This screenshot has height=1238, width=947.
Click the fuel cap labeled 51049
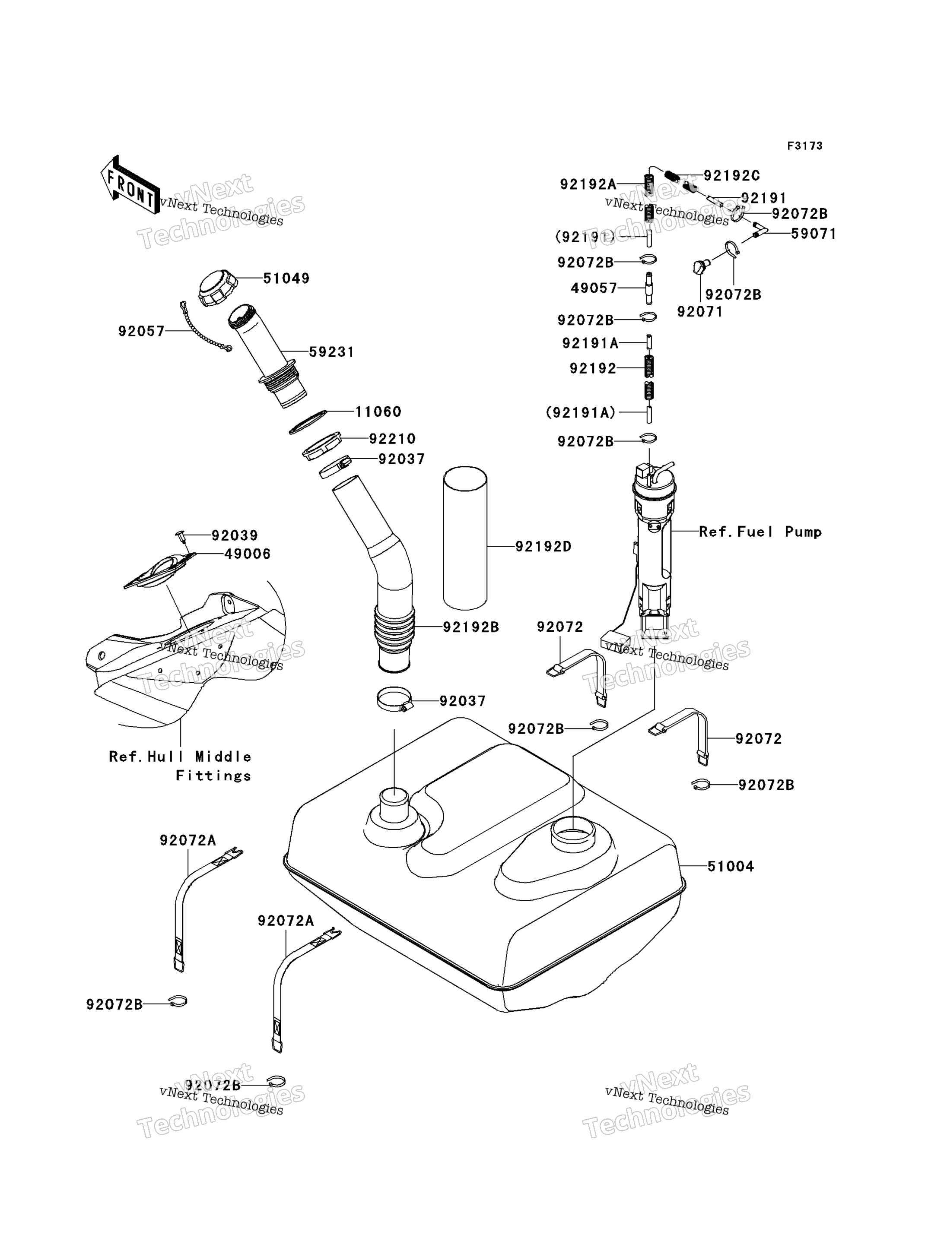[x=217, y=288]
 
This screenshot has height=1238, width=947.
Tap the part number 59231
[x=331, y=352]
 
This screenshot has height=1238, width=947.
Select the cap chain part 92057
[x=206, y=327]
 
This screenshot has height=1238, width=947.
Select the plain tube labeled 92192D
[x=465, y=538]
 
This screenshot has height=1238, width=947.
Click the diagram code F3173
[x=805, y=146]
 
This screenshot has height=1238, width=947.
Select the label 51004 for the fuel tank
[x=731, y=866]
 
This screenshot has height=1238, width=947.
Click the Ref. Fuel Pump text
[x=760, y=532]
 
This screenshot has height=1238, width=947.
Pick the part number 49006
[x=248, y=554]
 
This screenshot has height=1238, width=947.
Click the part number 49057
[x=594, y=288]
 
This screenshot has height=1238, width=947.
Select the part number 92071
[x=699, y=312]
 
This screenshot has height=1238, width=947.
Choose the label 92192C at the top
[x=732, y=176]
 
